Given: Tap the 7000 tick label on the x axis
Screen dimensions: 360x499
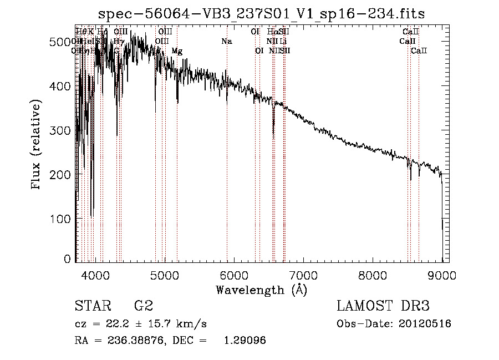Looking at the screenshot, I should tap(303, 275).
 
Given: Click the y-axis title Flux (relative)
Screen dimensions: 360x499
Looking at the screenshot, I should tap(37, 145).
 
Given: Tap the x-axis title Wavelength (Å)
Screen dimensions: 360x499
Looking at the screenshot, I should tap(261, 290).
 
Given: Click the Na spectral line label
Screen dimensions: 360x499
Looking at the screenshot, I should tap(226, 42).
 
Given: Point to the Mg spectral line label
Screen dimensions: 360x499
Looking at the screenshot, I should tap(177, 51).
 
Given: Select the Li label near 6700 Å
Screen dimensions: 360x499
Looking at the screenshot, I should tap(283, 42).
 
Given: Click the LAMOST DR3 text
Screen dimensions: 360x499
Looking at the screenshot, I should tap(383, 306).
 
